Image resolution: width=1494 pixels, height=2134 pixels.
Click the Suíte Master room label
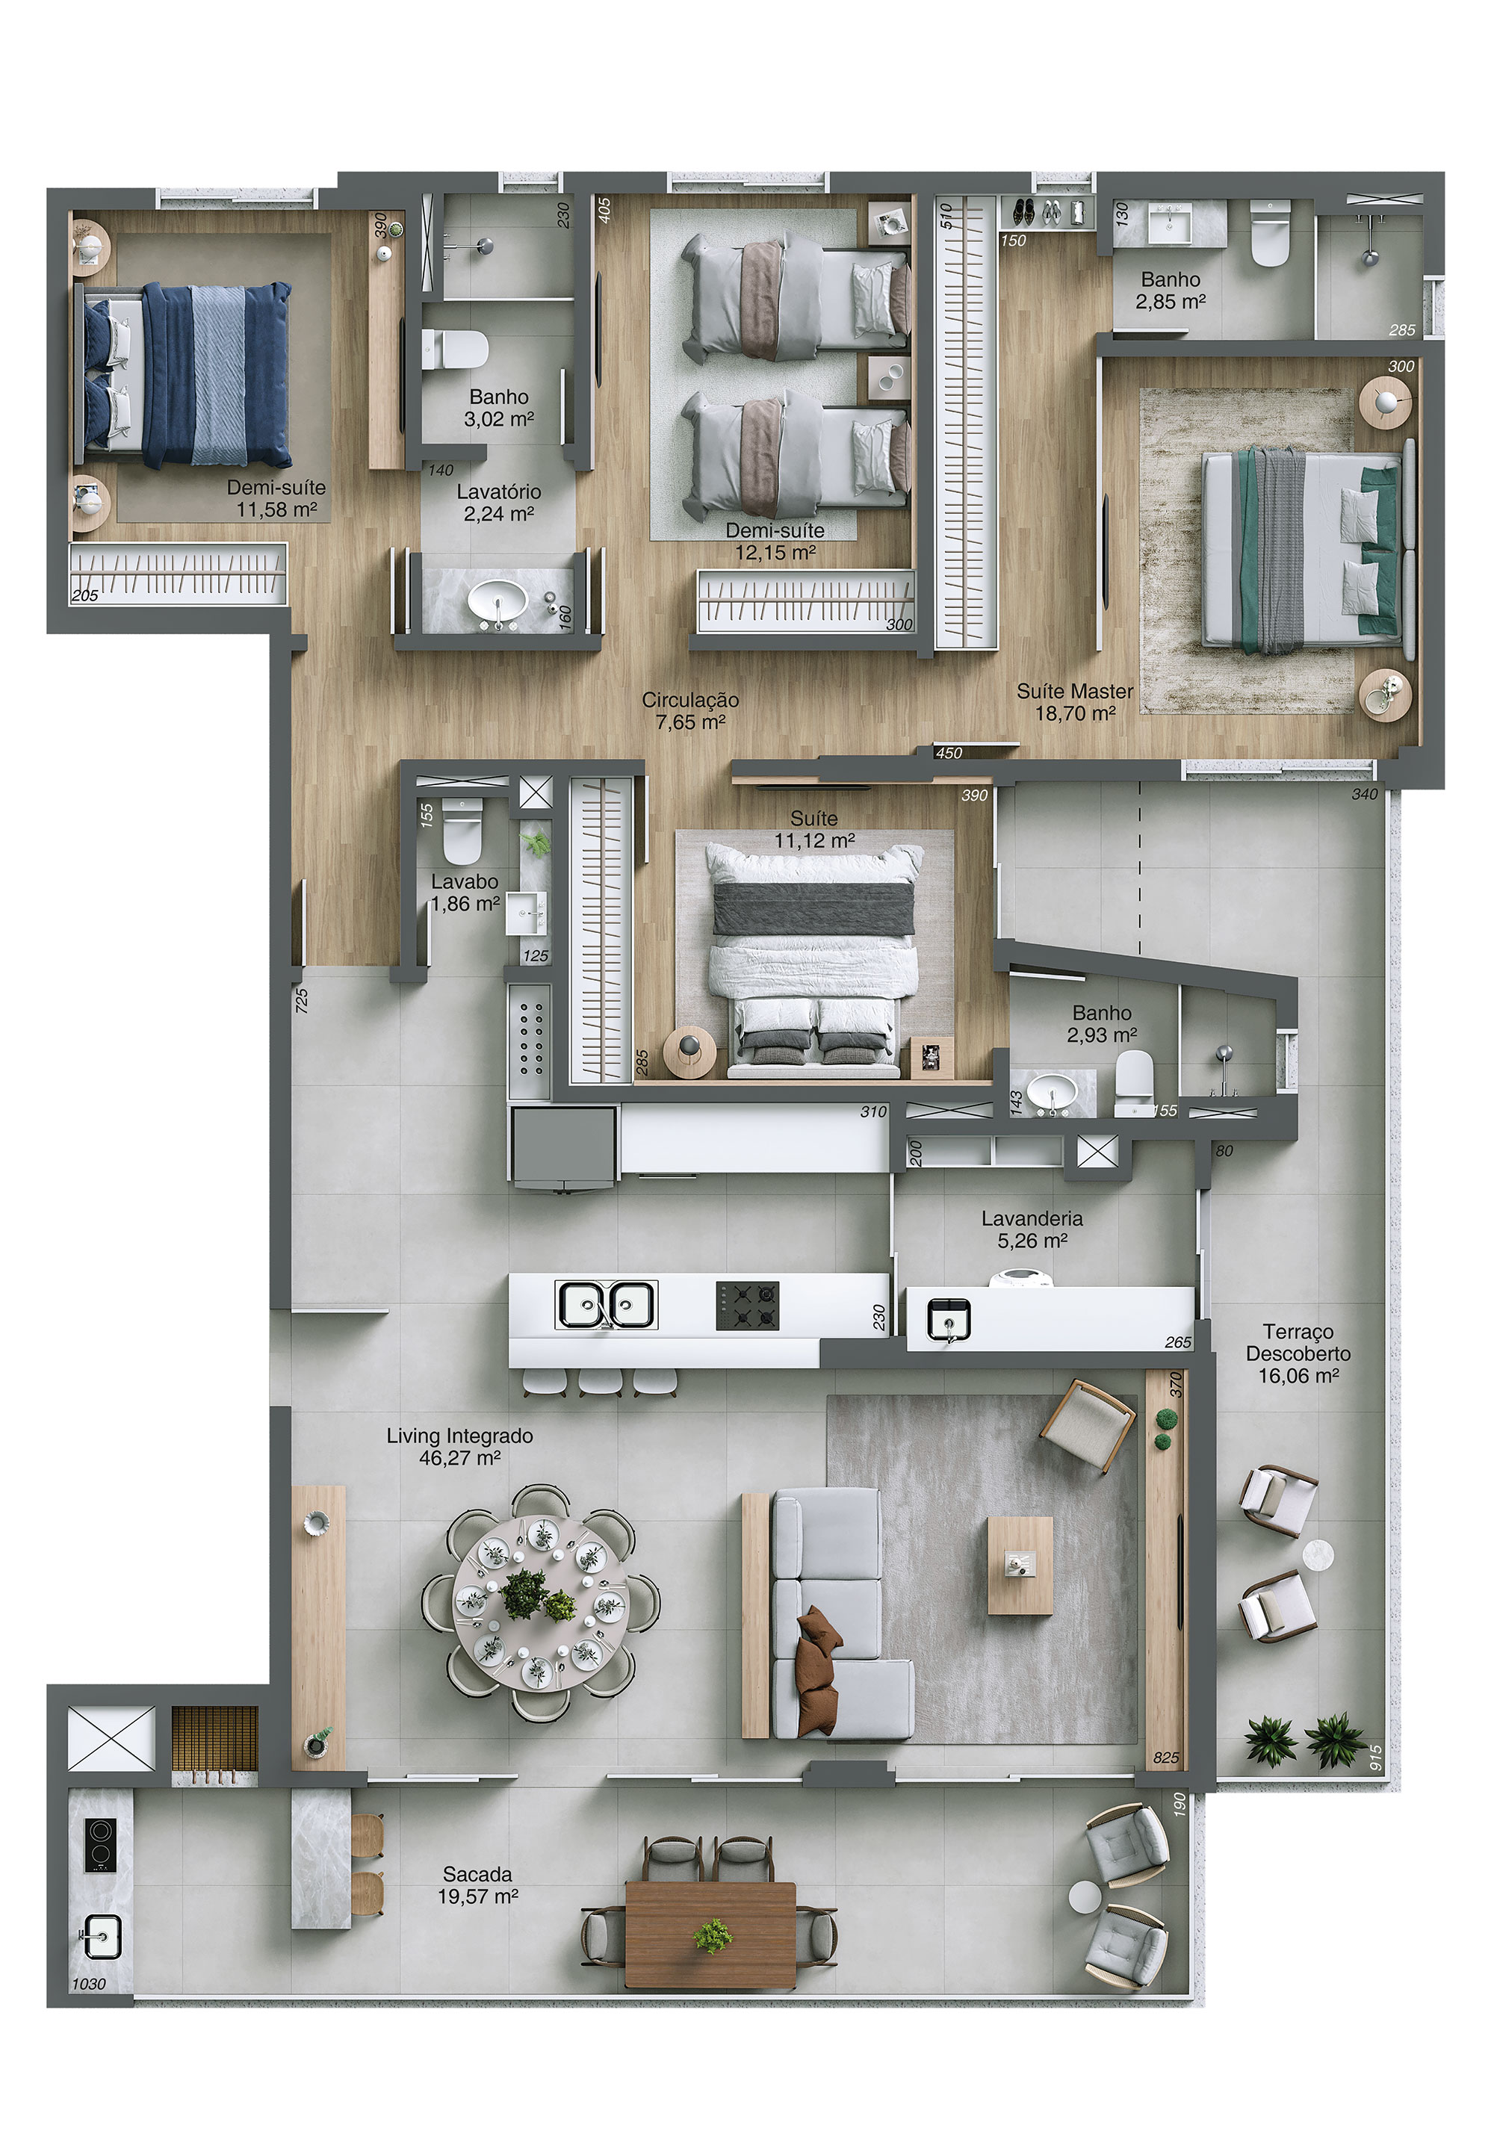(x=1075, y=701)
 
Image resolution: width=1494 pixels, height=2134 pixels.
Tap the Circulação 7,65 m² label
(x=689, y=711)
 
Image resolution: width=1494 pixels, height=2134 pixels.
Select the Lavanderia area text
(x=1032, y=1229)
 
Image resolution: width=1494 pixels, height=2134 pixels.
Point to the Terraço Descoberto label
(x=1298, y=1353)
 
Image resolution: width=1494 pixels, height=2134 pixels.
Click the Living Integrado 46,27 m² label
(x=459, y=1446)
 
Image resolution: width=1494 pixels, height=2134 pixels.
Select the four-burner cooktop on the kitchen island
(x=746, y=1305)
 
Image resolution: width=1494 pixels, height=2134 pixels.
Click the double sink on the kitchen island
(x=605, y=1304)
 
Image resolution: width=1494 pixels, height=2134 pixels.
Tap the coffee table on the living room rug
(x=1020, y=1565)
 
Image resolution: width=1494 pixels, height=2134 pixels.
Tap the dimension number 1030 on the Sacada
(x=89, y=1983)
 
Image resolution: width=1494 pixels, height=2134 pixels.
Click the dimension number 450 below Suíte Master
(x=948, y=753)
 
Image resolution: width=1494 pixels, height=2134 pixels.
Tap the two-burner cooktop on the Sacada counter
(x=100, y=1844)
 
